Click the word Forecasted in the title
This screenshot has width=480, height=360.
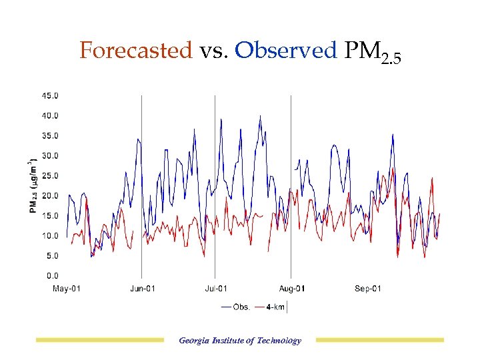click(x=135, y=51)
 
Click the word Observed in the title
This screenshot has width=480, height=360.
click(x=286, y=51)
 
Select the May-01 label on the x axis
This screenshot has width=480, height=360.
click(x=67, y=289)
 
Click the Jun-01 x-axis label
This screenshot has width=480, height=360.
click(x=142, y=289)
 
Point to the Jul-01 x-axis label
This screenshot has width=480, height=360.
click(x=215, y=289)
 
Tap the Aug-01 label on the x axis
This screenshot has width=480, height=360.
click(x=291, y=289)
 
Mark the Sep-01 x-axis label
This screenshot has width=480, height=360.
click(x=367, y=289)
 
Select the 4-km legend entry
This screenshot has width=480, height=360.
click(x=276, y=307)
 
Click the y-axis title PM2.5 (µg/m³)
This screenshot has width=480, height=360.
click(x=32, y=187)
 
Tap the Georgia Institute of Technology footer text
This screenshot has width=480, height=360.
click(x=240, y=341)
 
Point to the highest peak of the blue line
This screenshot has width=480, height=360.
click(x=260, y=116)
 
